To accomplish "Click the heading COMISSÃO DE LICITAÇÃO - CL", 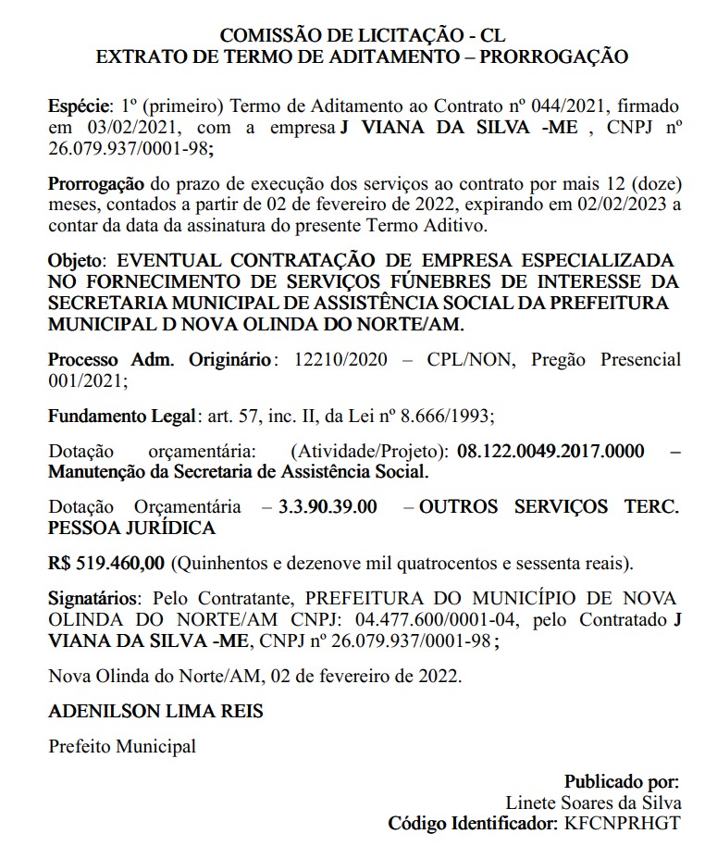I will tap(362, 36).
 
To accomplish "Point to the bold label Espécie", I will tap(79, 106).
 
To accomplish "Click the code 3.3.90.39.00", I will tap(328, 507).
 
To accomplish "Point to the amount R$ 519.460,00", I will tap(106, 563).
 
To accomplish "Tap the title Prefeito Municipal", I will tap(122, 746).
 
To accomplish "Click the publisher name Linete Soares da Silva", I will tap(593, 802).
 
